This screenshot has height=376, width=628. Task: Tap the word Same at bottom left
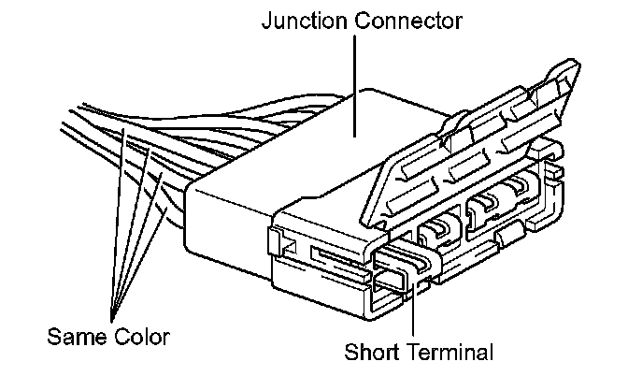(x=72, y=334)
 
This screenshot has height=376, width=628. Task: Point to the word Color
(x=142, y=334)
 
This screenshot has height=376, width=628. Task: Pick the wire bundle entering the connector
(x=140, y=150)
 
